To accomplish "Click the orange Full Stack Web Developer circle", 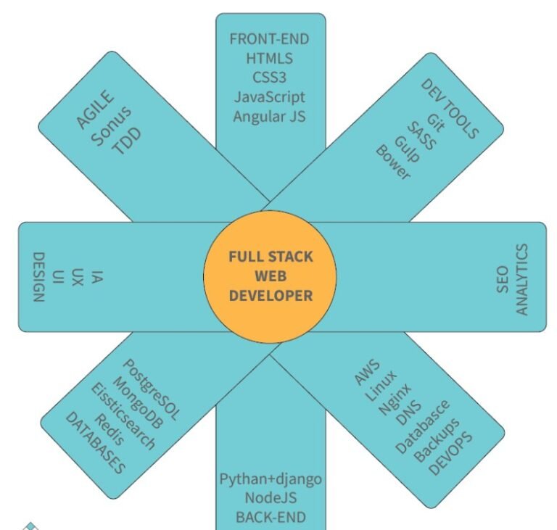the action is pyautogui.click(x=270, y=277).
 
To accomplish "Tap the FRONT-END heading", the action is pyautogui.click(x=269, y=39).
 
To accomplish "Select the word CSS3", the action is pyautogui.click(x=269, y=78).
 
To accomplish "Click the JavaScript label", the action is pyautogui.click(x=269, y=97).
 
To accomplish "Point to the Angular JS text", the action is pyautogui.click(x=269, y=117).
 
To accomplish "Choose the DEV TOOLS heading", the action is pyautogui.click(x=450, y=109).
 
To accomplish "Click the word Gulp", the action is pyautogui.click(x=407, y=149).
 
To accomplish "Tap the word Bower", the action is pyautogui.click(x=393, y=162).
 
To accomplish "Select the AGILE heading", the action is pyautogui.click(x=96, y=109).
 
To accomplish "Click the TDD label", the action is pyautogui.click(x=127, y=141).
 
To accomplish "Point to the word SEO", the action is pyautogui.click(x=503, y=279).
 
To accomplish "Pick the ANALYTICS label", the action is pyautogui.click(x=521, y=279).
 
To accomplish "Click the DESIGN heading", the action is pyautogui.click(x=38, y=277).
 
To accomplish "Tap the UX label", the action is pyautogui.click(x=78, y=278).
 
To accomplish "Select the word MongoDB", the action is pyautogui.click(x=139, y=403).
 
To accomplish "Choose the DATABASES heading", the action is pyautogui.click(x=96, y=443).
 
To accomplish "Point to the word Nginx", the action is pyautogui.click(x=395, y=399).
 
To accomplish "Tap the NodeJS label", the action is pyautogui.click(x=271, y=497).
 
